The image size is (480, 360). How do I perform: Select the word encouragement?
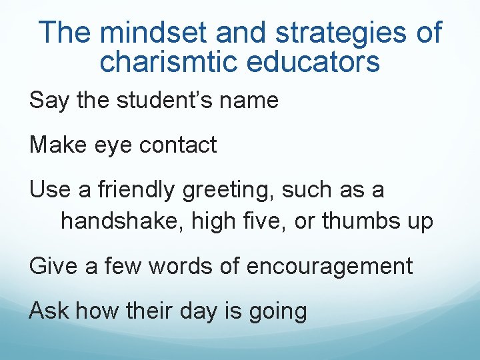[329, 266]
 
